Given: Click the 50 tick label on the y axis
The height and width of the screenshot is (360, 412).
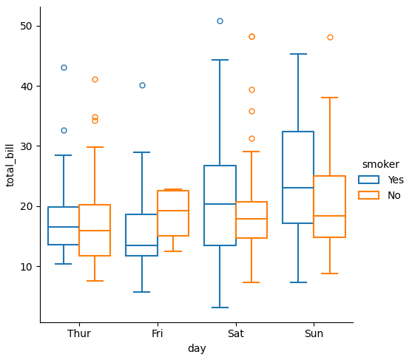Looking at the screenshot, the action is [x=26, y=26].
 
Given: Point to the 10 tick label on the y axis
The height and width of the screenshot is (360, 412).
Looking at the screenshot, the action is [x=26, y=267].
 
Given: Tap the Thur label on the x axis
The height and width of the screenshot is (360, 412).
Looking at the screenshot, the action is [x=79, y=333].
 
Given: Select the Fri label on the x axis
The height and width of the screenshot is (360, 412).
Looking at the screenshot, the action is [x=158, y=333].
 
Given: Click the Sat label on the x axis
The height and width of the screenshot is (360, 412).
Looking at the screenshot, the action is [x=236, y=333].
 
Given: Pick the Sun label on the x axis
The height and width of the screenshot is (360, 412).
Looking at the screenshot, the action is [x=314, y=333].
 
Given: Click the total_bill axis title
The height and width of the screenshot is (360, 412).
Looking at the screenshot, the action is [x=10, y=166].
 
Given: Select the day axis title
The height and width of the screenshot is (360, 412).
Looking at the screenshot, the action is [x=197, y=349].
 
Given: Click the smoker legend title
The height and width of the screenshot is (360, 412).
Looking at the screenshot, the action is [x=381, y=164].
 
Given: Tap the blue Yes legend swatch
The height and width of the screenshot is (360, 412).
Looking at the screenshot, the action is [x=368, y=180].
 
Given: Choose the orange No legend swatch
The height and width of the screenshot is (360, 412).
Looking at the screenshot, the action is [x=368, y=195].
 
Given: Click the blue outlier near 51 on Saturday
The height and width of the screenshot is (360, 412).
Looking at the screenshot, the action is [x=220, y=21].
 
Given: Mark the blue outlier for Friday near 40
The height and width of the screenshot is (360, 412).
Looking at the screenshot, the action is [x=142, y=85].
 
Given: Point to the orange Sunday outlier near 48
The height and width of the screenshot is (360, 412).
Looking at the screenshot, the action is [x=330, y=37].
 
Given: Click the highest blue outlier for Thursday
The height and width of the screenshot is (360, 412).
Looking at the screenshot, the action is [x=64, y=68].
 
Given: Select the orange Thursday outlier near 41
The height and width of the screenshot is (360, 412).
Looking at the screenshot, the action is [x=95, y=80].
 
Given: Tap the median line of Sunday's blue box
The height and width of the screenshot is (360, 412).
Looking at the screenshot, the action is [x=298, y=188].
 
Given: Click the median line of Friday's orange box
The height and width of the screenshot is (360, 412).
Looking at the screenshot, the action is [x=173, y=211].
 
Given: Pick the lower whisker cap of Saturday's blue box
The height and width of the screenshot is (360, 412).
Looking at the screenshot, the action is [x=220, y=308].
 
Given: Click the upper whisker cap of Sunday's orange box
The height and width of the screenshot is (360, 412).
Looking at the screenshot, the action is [x=329, y=98].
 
